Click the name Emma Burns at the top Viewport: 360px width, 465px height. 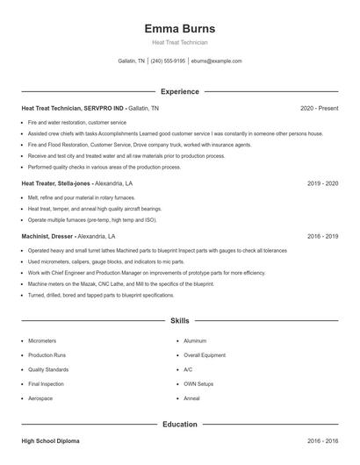(x=179, y=28)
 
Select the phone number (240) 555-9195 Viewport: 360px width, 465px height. (x=168, y=61)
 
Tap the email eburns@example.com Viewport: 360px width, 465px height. (x=216, y=61)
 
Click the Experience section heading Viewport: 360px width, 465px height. (x=179, y=91)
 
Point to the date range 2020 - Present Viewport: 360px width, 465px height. (x=319, y=108)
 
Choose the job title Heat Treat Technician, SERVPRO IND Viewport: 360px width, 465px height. (x=74, y=108)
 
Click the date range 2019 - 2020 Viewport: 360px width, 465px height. (x=322, y=184)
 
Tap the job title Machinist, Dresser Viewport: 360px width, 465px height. (x=47, y=236)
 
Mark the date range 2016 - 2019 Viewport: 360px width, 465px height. (x=322, y=236)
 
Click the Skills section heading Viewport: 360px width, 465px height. (x=179, y=321)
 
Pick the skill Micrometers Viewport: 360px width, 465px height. (x=42, y=340)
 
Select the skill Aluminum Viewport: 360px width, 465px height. (x=195, y=340)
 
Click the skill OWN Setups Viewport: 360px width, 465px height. (x=198, y=383)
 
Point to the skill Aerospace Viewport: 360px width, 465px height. (x=40, y=398)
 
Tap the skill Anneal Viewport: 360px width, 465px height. (x=191, y=398)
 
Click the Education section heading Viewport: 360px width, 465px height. (x=179, y=425)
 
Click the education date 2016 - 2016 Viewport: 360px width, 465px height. (x=322, y=441)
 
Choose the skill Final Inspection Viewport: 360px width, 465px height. (x=46, y=383)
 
